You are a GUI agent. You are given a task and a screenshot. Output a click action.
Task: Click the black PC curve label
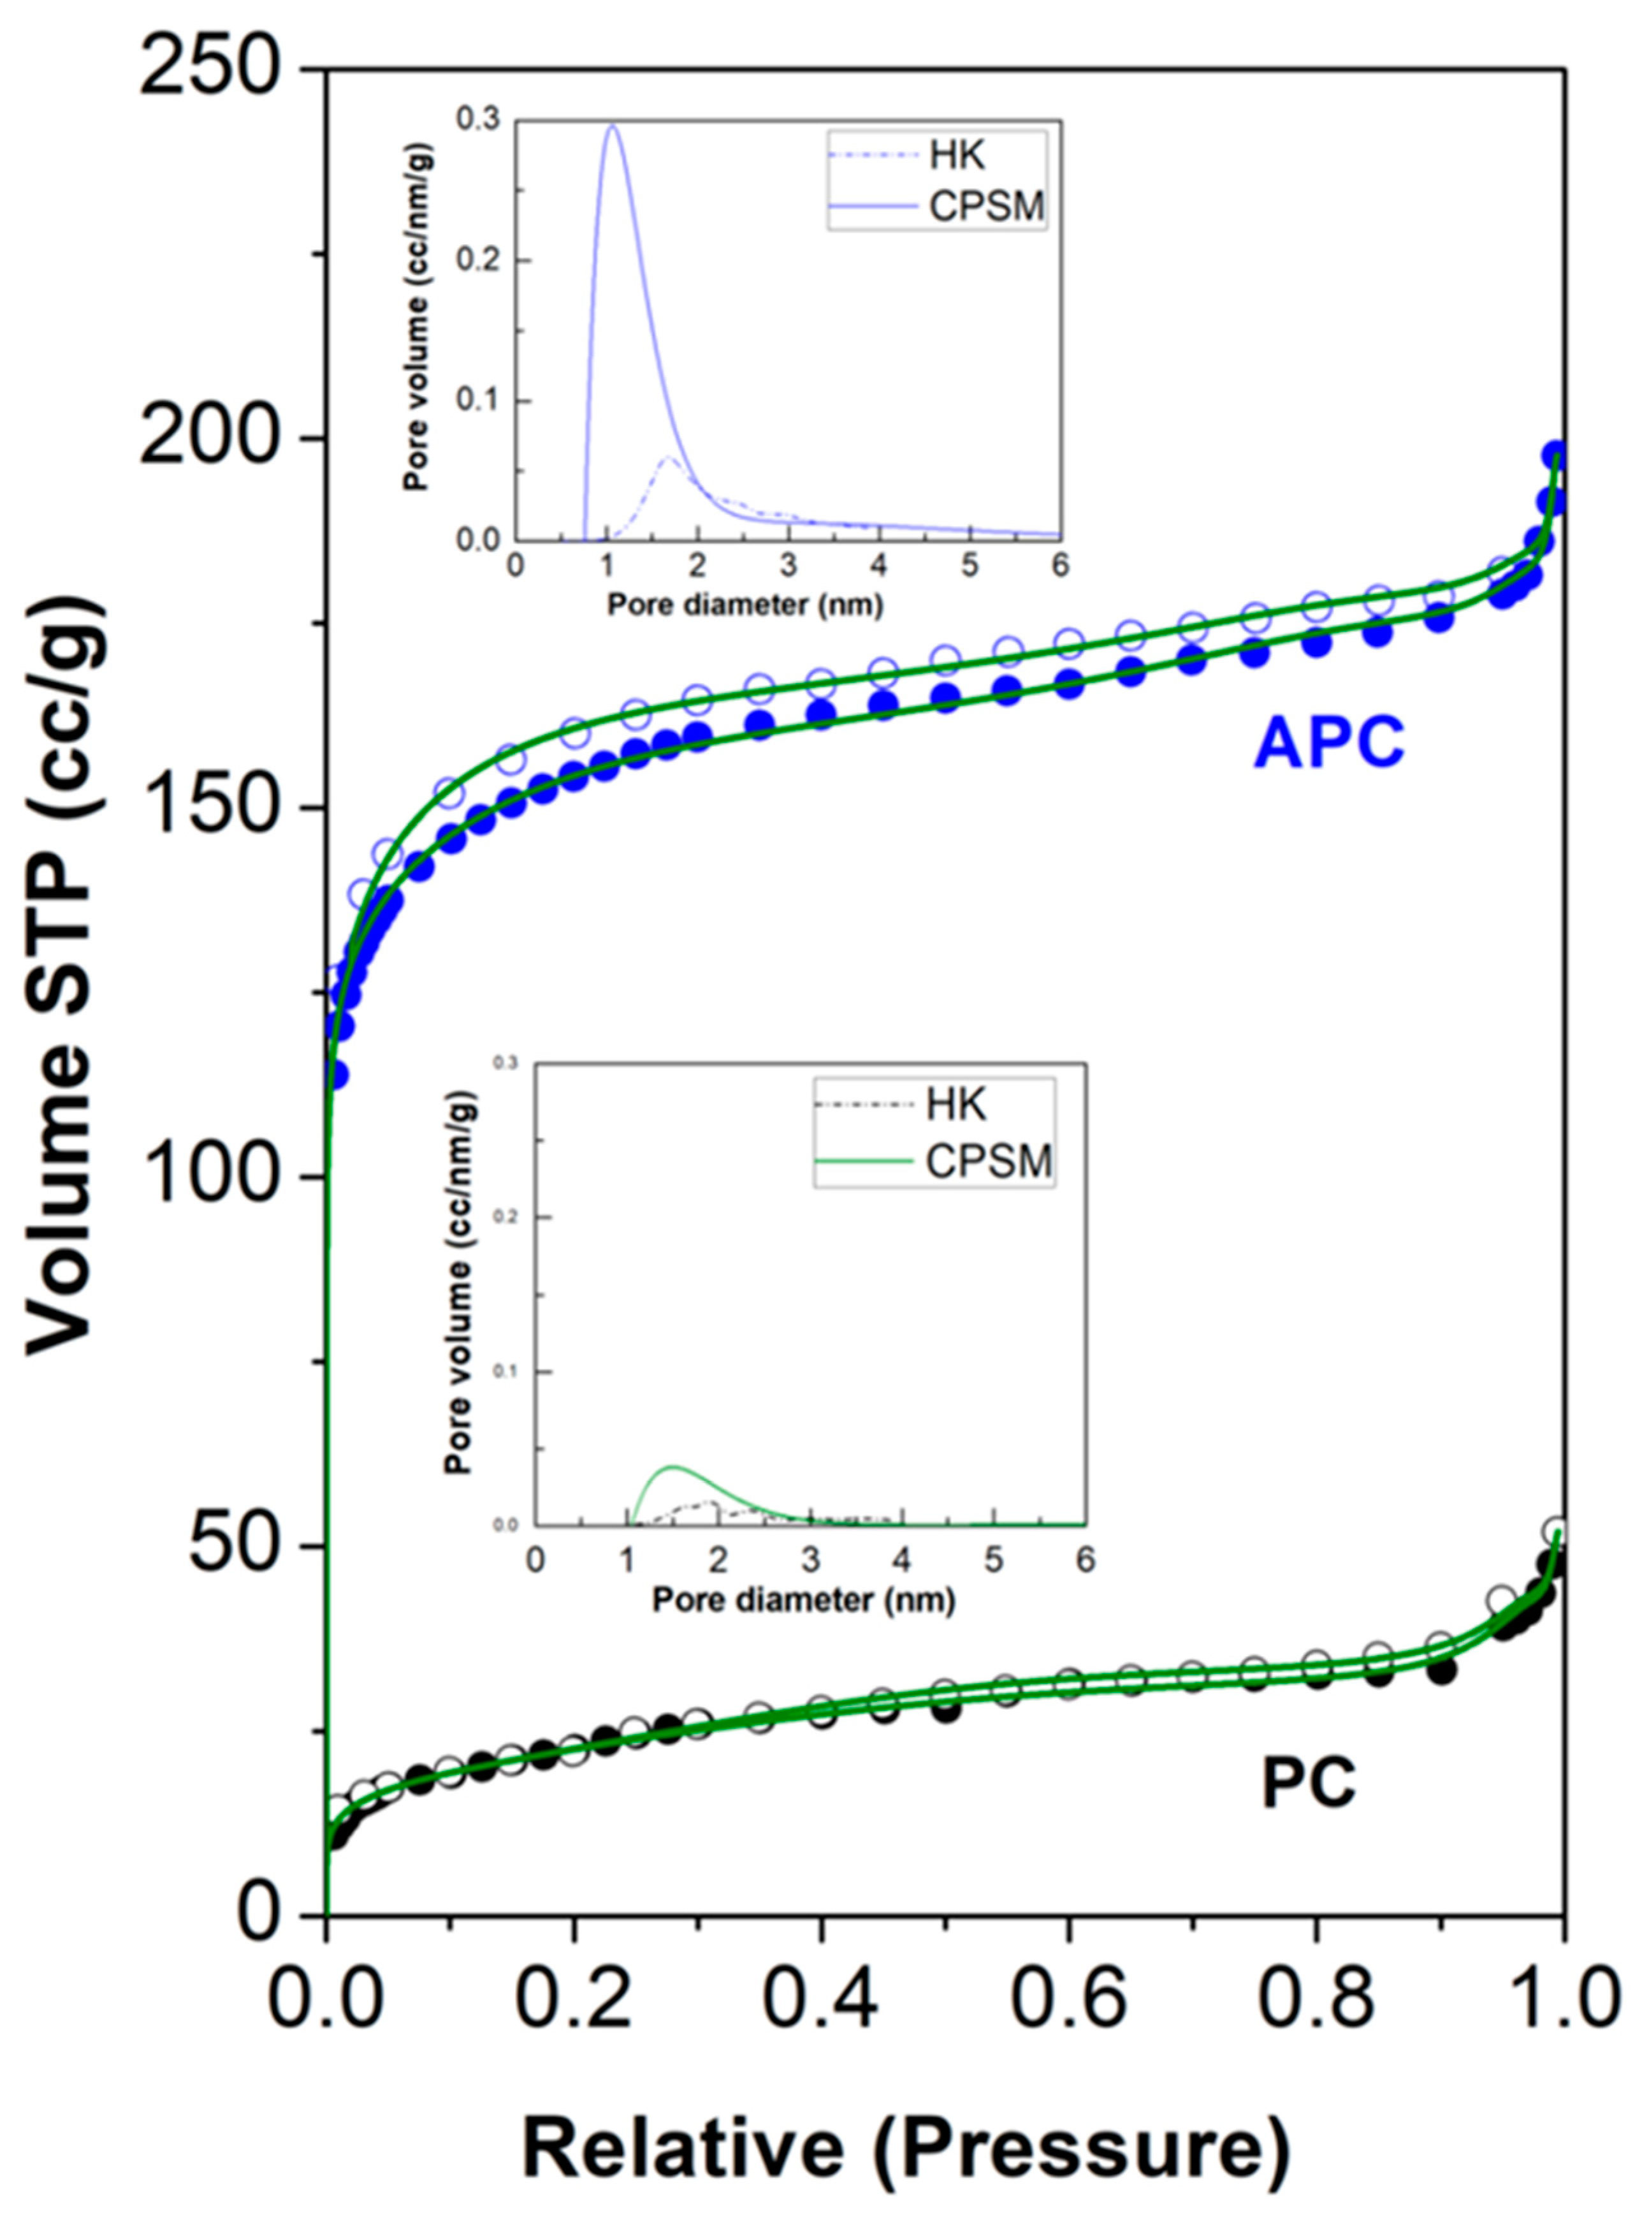(1308, 1783)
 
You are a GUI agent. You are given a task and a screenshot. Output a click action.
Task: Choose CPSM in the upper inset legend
(986, 206)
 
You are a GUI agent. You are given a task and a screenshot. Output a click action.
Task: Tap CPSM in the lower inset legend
(989, 1160)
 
